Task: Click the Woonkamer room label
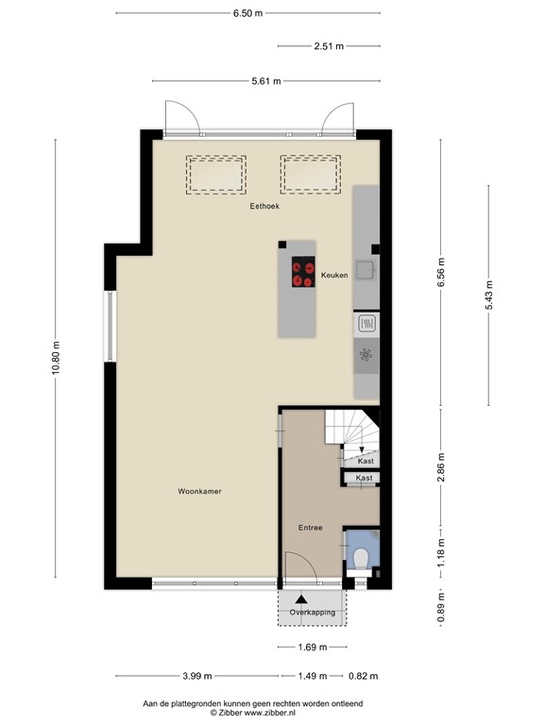pyautogui.click(x=199, y=492)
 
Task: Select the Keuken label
pyautogui.click(x=333, y=275)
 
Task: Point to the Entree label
pyautogui.click(x=311, y=528)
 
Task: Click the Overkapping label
pyautogui.click(x=312, y=613)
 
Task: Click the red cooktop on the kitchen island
pyautogui.click(x=303, y=273)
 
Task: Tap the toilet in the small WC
pyautogui.click(x=360, y=560)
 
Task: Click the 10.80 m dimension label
pyautogui.click(x=56, y=358)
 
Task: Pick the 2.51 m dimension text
pyautogui.click(x=328, y=45)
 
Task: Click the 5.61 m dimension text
pyautogui.click(x=265, y=81)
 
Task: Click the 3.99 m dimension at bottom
pyautogui.click(x=196, y=676)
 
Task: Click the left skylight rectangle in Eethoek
pyautogui.click(x=216, y=175)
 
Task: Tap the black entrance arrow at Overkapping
pyautogui.click(x=301, y=599)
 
